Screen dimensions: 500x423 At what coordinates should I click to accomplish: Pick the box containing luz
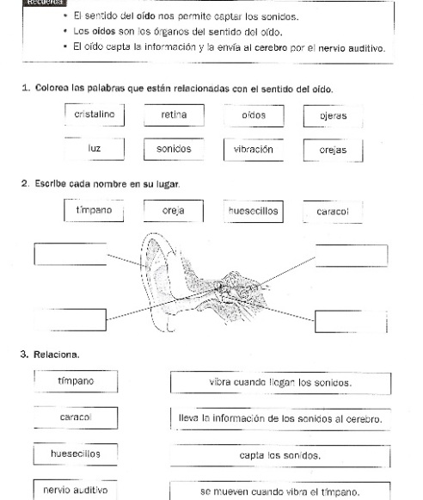(95, 148)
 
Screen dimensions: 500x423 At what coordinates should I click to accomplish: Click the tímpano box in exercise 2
(95, 210)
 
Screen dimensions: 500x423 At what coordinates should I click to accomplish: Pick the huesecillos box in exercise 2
(254, 210)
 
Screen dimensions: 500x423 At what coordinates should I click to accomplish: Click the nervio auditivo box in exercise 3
(76, 489)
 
